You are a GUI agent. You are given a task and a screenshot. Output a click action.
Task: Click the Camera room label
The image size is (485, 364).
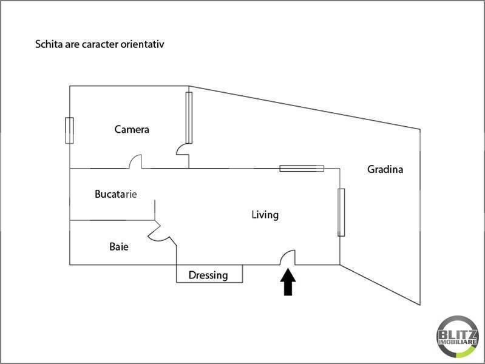(132, 129)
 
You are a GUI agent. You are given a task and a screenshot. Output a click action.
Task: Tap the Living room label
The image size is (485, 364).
(265, 215)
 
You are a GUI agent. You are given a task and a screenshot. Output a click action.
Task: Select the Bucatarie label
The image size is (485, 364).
(116, 194)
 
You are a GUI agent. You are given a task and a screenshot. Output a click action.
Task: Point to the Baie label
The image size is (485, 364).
(119, 246)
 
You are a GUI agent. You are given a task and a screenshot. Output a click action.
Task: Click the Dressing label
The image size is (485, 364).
(208, 275)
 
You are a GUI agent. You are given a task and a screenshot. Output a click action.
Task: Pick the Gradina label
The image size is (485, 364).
(385, 169)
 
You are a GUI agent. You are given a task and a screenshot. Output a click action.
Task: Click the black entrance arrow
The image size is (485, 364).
(288, 281)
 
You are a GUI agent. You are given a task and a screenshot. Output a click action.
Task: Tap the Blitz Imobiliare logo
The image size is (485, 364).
(458, 337)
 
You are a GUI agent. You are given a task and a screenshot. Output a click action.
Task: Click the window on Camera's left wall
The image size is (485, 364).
(70, 130)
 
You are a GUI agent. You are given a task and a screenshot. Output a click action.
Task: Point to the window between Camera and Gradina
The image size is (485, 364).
(189, 118)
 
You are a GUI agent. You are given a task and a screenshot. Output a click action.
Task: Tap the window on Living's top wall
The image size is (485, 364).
(302, 168)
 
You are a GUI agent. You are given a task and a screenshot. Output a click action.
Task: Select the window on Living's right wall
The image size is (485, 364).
(341, 212)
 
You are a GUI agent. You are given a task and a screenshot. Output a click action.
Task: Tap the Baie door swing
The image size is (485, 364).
(158, 235)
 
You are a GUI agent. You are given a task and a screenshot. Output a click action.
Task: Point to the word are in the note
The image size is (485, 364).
(72, 44)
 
